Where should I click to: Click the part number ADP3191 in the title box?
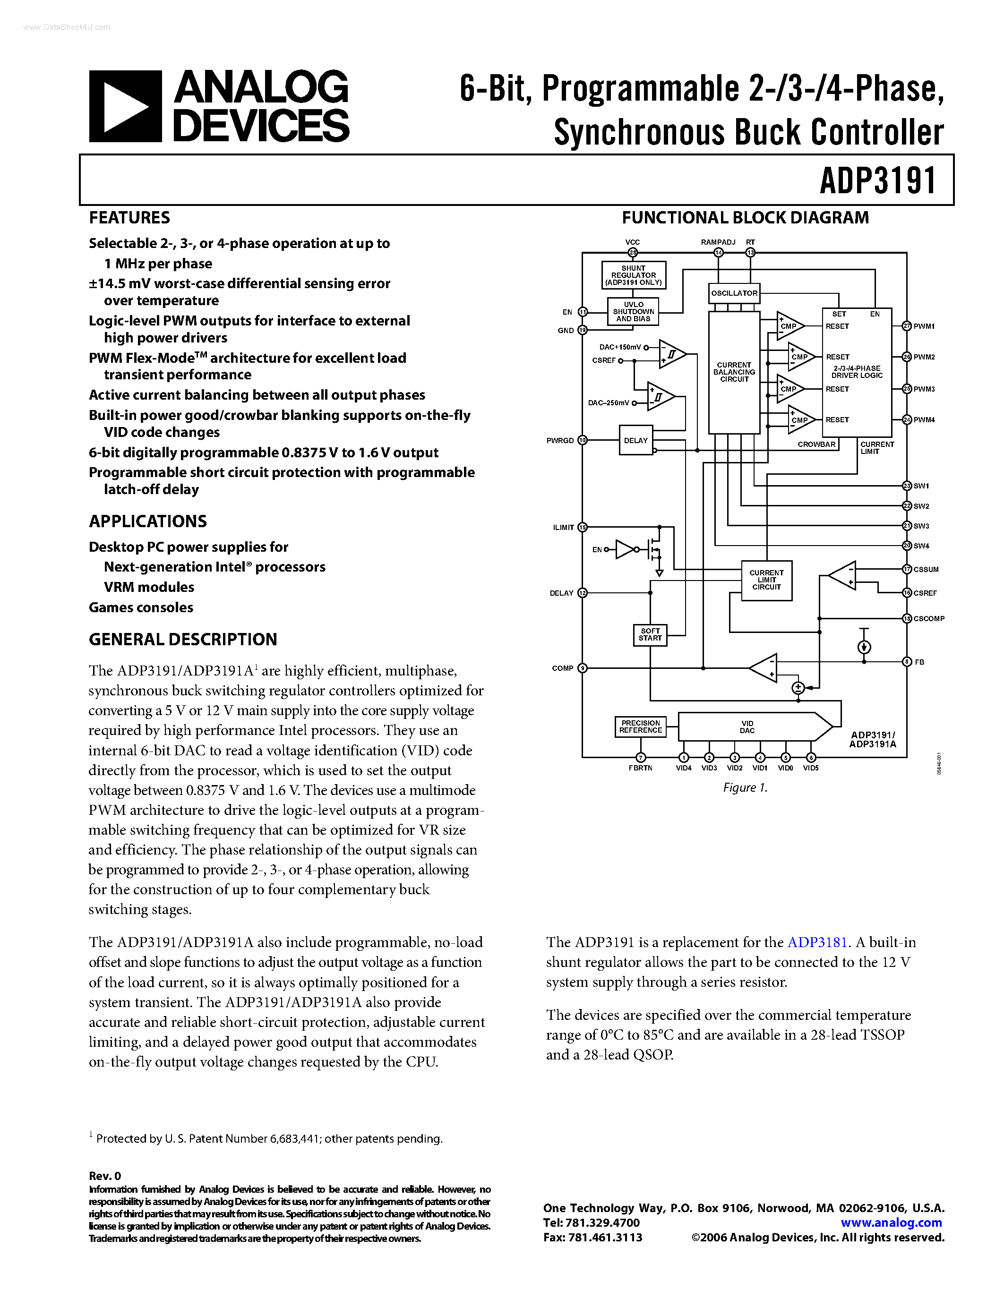[x=877, y=181]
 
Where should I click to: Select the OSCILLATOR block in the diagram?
[x=734, y=293]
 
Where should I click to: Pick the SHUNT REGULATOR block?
[x=634, y=275]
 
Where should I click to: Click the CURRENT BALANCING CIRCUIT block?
[x=734, y=372]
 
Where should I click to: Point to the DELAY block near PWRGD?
[x=635, y=441]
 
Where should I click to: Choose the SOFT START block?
[x=650, y=635]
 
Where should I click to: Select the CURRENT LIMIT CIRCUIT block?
[x=766, y=581]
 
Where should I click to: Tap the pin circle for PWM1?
[x=907, y=326]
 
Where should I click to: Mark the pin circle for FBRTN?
[x=641, y=758]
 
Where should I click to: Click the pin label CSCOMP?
[x=928, y=619]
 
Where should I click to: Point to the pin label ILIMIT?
[x=563, y=528]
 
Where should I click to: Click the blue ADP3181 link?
[x=816, y=942]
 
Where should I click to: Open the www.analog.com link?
[x=891, y=1223]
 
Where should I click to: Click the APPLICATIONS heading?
[x=147, y=521]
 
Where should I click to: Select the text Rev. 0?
[x=105, y=1176]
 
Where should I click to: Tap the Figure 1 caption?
[x=745, y=787]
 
